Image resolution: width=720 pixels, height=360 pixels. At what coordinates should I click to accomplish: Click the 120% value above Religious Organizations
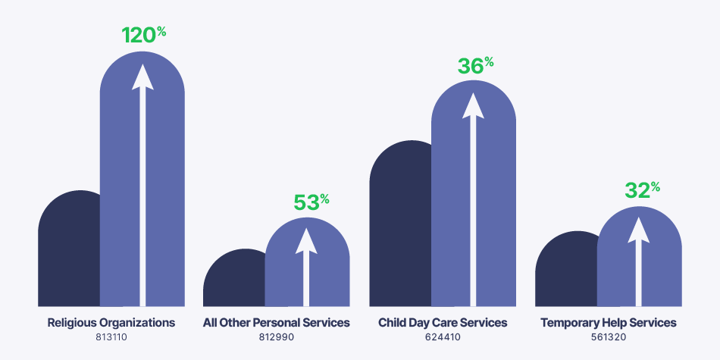(x=143, y=35)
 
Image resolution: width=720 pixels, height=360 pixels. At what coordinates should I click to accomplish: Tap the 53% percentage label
(x=311, y=202)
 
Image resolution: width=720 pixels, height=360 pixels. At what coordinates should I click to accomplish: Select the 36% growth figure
(x=475, y=66)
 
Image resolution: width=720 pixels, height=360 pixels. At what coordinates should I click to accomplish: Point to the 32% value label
(x=642, y=190)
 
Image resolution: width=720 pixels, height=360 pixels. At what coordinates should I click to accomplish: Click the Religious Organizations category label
(x=111, y=323)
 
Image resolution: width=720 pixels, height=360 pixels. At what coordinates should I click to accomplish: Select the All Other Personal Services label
(x=277, y=323)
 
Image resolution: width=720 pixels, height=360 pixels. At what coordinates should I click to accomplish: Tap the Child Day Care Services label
(x=443, y=323)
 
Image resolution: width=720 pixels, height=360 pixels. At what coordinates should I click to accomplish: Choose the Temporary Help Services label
(x=609, y=323)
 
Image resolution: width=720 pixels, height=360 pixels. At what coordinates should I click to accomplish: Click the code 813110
(x=111, y=337)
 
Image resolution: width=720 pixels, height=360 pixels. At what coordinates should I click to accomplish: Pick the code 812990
(x=277, y=337)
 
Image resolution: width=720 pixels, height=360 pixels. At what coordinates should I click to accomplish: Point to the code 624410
(x=443, y=337)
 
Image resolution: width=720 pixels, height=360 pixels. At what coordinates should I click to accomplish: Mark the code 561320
(x=609, y=337)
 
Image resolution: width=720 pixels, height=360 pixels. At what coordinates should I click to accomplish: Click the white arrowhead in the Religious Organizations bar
(x=142, y=77)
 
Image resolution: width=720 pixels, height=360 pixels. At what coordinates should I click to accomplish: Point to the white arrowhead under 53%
(x=307, y=240)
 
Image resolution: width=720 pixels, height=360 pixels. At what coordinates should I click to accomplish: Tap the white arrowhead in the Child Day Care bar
(x=473, y=105)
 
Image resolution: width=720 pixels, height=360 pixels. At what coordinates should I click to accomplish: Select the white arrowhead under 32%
(x=639, y=230)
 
